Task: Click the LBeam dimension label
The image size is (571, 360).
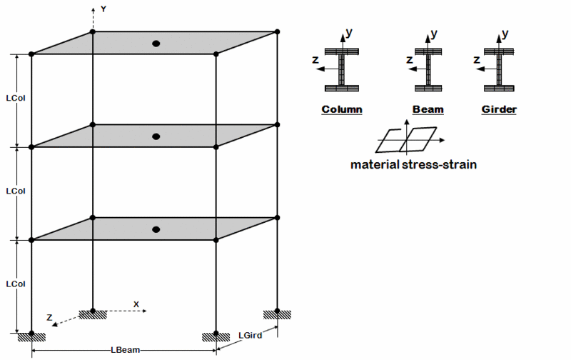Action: (x=126, y=350)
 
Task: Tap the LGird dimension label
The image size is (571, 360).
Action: (x=251, y=335)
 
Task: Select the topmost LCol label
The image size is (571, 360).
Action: (x=16, y=98)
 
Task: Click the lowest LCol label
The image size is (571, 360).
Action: (x=16, y=284)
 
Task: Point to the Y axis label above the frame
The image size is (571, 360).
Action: (x=103, y=9)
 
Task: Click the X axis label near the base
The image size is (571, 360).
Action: (x=136, y=304)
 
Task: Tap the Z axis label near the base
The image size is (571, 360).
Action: (x=49, y=317)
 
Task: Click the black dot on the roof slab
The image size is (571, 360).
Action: (x=156, y=44)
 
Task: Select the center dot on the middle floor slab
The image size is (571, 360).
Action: (x=156, y=136)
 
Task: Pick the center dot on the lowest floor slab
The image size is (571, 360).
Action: (x=156, y=229)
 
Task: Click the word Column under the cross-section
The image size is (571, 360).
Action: (x=342, y=109)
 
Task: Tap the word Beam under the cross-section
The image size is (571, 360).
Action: (x=428, y=109)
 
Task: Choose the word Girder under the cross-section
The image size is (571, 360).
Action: (x=499, y=109)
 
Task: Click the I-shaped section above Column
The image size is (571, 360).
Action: (x=342, y=69)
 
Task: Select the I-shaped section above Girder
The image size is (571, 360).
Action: (x=499, y=69)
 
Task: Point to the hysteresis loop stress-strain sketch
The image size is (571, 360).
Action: (x=407, y=140)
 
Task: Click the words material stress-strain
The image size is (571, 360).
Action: (x=413, y=165)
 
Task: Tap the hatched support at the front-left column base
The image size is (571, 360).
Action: (x=31, y=337)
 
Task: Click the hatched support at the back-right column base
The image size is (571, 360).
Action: (x=277, y=315)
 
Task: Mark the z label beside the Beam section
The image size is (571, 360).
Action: (x=410, y=59)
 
